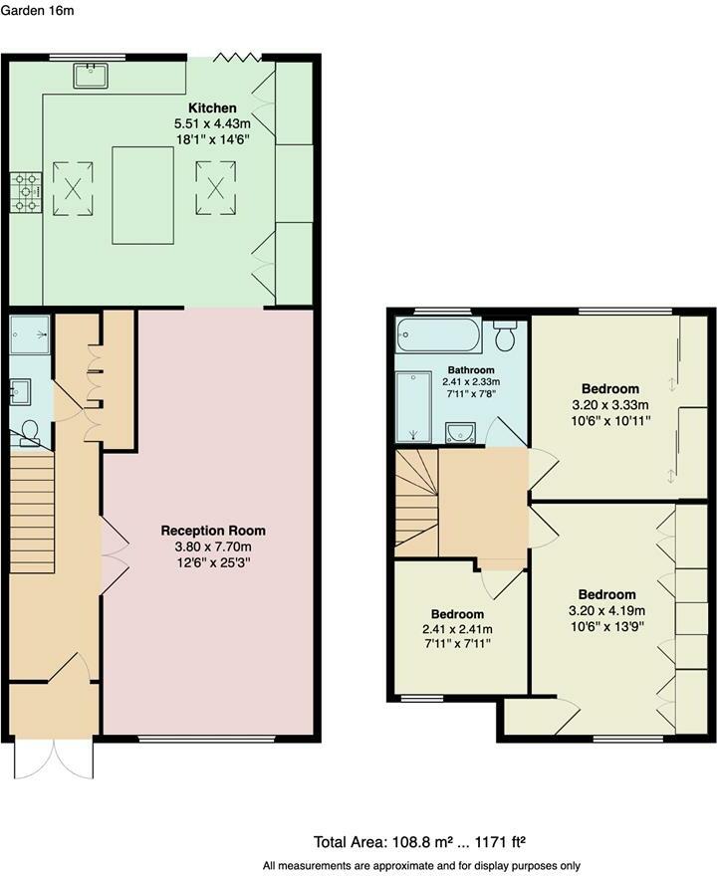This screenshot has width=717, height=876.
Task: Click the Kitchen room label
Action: click(x=212, y=108)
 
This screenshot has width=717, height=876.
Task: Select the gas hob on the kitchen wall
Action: click(x=26, y=192)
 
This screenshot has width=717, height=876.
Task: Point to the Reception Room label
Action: click(x=214, y=531)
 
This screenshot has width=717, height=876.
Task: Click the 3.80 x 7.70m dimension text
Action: click(x=214, y=547)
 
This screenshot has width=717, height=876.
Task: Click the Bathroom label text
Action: click(x=470, y=370)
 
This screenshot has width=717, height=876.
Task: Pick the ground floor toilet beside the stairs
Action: click(x=29, y=430)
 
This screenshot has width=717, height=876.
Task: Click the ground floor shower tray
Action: click(x=30, y=335)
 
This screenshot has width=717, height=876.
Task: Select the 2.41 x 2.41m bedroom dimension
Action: click(x=457, y=629)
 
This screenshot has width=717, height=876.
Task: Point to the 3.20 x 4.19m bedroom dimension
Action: click(x=606, y=610)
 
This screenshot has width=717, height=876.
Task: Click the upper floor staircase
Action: click(x=417, y=500)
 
